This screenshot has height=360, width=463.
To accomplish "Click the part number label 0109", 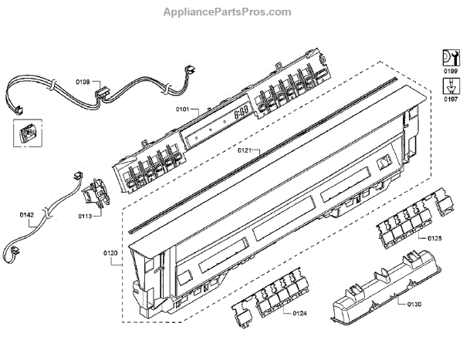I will [83, 81].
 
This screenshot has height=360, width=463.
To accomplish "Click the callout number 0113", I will [86, 217].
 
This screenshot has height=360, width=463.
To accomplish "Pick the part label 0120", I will [110, 252].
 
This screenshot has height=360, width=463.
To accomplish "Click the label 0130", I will [414, 304].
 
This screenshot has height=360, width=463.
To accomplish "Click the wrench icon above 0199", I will [448, 56].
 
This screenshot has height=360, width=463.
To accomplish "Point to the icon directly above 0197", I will [448, 86].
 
